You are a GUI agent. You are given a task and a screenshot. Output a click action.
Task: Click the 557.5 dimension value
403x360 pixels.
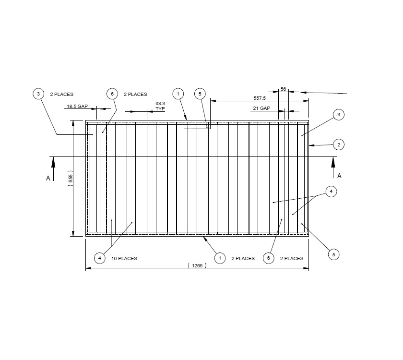[260, 98]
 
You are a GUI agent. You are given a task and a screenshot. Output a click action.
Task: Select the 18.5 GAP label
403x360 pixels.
[76, 107]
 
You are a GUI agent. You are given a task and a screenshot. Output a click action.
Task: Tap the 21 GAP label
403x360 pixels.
[261, 108]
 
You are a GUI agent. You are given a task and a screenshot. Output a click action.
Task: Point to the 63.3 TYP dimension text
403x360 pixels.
[160, 106]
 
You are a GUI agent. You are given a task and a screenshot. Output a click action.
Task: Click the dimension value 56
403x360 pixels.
[283, 89]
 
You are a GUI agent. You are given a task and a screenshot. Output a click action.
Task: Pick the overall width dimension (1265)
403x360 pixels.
[197, 266]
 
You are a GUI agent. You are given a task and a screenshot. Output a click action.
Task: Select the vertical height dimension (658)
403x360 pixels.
[71, 179]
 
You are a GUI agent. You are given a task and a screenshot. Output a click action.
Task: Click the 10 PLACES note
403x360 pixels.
[124, 258]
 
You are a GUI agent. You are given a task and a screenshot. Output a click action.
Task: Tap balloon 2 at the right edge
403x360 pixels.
[338, 144]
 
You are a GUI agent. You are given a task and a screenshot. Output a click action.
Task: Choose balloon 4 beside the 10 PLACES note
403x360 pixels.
[99, 258]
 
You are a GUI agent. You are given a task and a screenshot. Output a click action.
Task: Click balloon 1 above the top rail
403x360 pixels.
[178, 94]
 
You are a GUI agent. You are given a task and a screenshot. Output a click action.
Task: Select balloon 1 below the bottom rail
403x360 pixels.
[219, 258]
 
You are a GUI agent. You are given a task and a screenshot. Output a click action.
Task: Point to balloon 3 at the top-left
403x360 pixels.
[38, 94]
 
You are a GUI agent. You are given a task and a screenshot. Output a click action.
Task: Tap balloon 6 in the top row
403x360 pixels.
[112, 94]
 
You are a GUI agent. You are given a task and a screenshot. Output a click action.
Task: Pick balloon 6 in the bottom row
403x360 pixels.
[269, 258]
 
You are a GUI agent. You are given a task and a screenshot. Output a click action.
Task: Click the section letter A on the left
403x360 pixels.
[48, 178]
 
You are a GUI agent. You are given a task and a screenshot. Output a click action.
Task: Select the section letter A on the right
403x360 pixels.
[339, 176]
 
